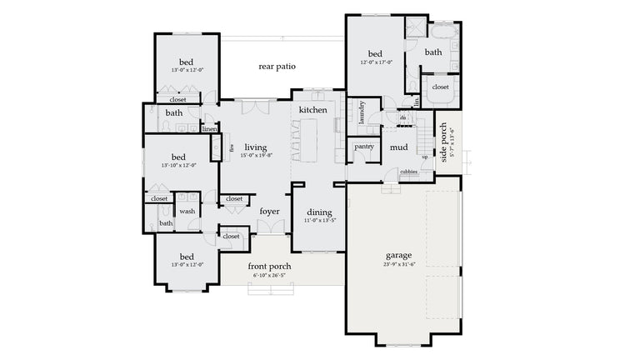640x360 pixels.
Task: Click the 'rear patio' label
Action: click(x=277, y=67)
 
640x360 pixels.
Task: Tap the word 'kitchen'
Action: click(x=312, y=110)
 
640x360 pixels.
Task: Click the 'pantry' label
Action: click(x=363, y=147)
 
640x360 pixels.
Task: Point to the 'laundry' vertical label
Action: click(x=362, y=112)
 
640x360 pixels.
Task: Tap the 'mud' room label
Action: click(x=399, y=147)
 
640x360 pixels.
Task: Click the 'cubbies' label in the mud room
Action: click(x=408, y=172)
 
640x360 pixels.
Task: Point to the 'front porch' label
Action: click(x=269, y=267)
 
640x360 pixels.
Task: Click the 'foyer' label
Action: click(x=269, y=211)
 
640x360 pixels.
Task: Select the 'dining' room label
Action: click(x=319, y=212)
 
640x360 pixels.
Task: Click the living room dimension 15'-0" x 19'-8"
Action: click(x=256, y=156)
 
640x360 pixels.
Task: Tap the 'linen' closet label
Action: click(x=209, y=129)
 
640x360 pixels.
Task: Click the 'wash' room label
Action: click(x=187, y=212)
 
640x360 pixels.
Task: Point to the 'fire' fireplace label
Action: click(x=230, y=147)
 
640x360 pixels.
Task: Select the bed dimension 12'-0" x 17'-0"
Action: click(x=375, y=62)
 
